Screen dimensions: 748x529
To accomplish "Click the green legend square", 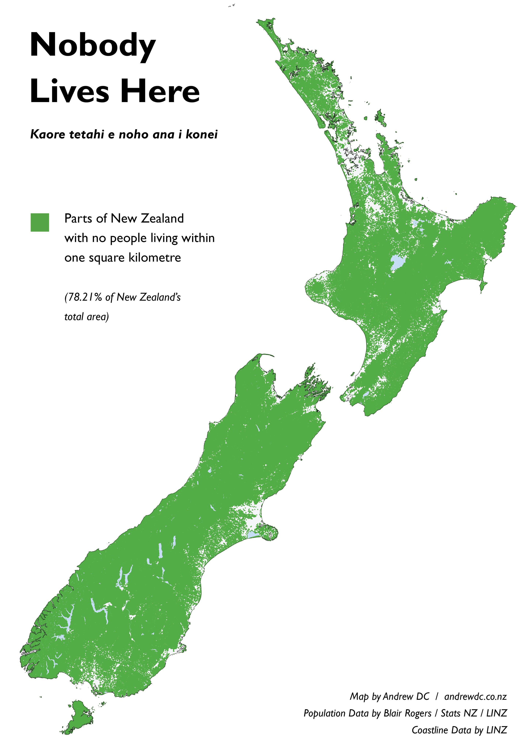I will point(40,222).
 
